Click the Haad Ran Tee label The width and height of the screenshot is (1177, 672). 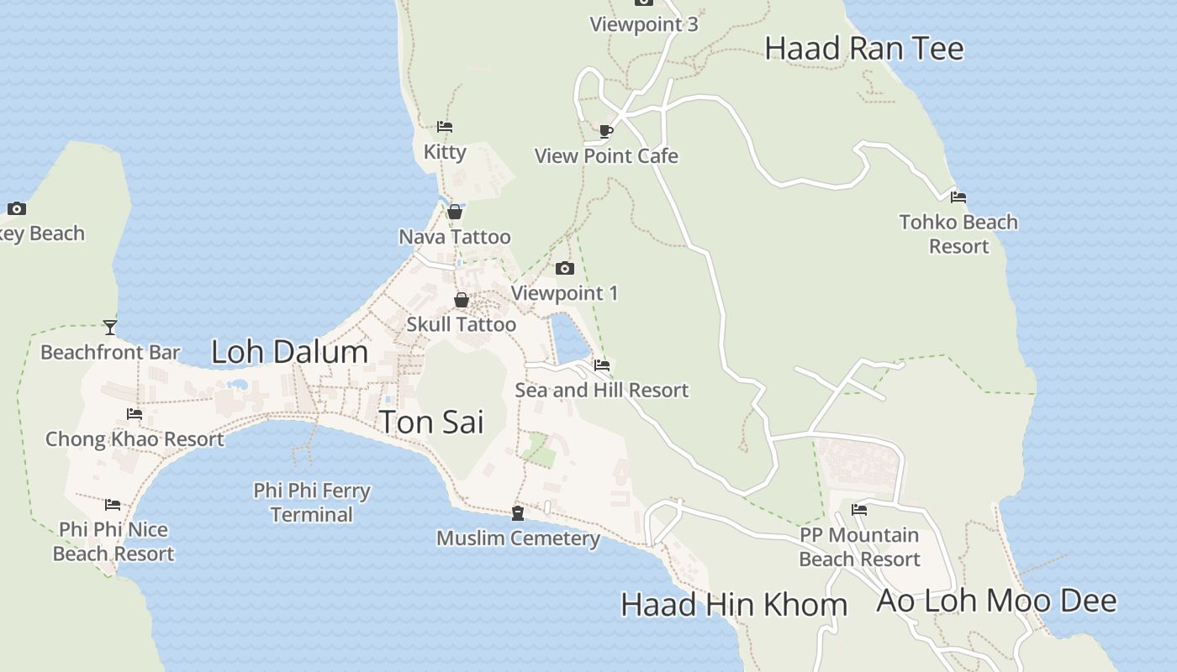pyautogui.click(x=863, y=49)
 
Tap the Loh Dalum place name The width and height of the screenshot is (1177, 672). pyautogui.click(x=289, y=352)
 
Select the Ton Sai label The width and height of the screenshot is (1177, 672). pyautogui.click(x=431, y=422)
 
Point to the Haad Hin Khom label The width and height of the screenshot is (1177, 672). pyautogui.click(x=733, y=605)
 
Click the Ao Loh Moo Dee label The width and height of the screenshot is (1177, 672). pyautogui.click(x=996, y=601)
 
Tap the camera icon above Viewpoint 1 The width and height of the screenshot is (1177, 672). pyautogui.click(x=565, y=269)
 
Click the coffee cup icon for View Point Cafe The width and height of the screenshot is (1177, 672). pyautogui.click(x=605, y=131)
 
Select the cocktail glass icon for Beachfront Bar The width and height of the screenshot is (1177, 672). pyautogui.click(x=110, y=327)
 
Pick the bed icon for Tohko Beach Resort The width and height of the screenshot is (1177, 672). pyautogui.click(x=958, y=197)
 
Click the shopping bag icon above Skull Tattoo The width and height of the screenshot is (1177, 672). pyautogui.click(x=461, y=300)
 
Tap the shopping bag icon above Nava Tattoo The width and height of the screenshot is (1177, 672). pyautogui.click(x=455, y=212)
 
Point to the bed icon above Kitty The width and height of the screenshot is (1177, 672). pyautogui.click(x=445, y=127)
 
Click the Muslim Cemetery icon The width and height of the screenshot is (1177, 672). pyautogui.click(x=518, y=512)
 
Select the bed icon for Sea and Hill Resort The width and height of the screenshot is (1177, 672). pyautogui.click(x=602, y=365)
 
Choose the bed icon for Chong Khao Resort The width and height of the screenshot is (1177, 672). pyautogui.click(x=134, y=414)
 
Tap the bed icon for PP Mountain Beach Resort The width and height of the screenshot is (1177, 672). pyautogui.click(x=859, y=509)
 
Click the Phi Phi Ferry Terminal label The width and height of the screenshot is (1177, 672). pyautogui.click(x=312, y=502)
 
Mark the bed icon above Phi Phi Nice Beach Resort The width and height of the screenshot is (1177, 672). pyautogui.click(x=113, y=505)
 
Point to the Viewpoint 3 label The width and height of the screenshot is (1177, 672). pyautogui.click(x=643, y=24)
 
